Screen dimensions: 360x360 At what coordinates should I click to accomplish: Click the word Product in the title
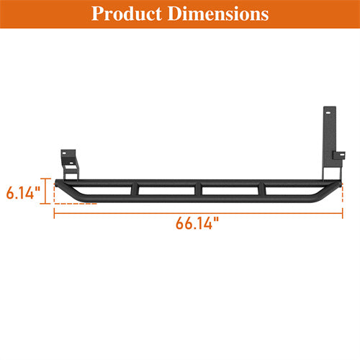point(125,14)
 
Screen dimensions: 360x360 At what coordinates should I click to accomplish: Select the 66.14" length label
point(197,222)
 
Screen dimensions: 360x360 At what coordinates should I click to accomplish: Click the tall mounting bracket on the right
point(328,144)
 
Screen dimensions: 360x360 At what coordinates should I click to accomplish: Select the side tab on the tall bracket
point(337,154)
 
